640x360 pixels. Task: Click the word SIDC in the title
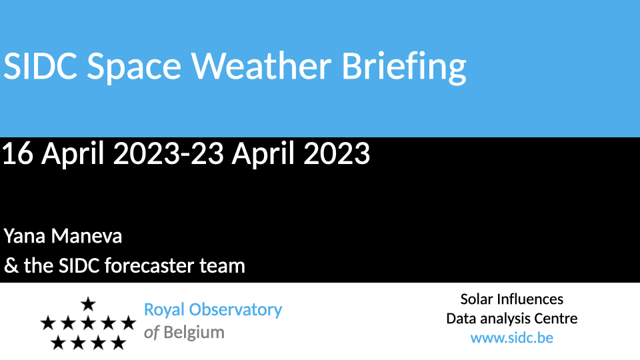(41, 66)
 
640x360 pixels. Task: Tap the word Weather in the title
(261, 65)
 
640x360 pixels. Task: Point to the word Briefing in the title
(404, 68)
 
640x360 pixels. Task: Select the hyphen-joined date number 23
(207, 153)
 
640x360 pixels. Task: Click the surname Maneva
(87, 236)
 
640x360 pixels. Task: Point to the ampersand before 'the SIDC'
(11, 266)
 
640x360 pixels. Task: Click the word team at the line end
(222, 266)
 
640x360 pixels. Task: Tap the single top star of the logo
(88, 304)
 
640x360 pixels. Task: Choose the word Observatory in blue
(235, 310)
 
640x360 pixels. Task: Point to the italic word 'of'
(151, 333)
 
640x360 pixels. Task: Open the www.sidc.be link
(512, 338)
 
